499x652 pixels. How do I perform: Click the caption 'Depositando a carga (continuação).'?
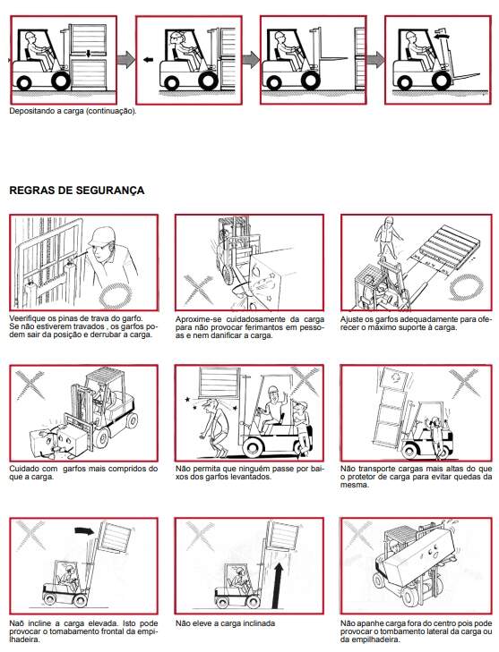point(73,112)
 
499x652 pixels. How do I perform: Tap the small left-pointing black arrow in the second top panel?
point(148,60)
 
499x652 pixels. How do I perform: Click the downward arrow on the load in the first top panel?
point(89,54)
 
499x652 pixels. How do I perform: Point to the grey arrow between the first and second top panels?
point(125,59)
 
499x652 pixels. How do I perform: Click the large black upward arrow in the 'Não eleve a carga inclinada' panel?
point(278,586)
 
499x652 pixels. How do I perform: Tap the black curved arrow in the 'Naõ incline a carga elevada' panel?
point(84,530)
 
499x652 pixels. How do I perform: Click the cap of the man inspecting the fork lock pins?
point(101,236)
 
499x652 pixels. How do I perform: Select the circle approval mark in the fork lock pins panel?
point(116,295)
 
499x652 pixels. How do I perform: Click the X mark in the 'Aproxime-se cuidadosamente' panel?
point(198,289)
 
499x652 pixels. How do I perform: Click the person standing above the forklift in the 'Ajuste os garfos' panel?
point(388,237)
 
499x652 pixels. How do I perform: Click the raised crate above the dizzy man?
point(219,383)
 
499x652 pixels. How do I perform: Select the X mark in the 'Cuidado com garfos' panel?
point(30,385)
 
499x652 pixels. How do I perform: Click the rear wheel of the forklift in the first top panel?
point(23,83)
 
